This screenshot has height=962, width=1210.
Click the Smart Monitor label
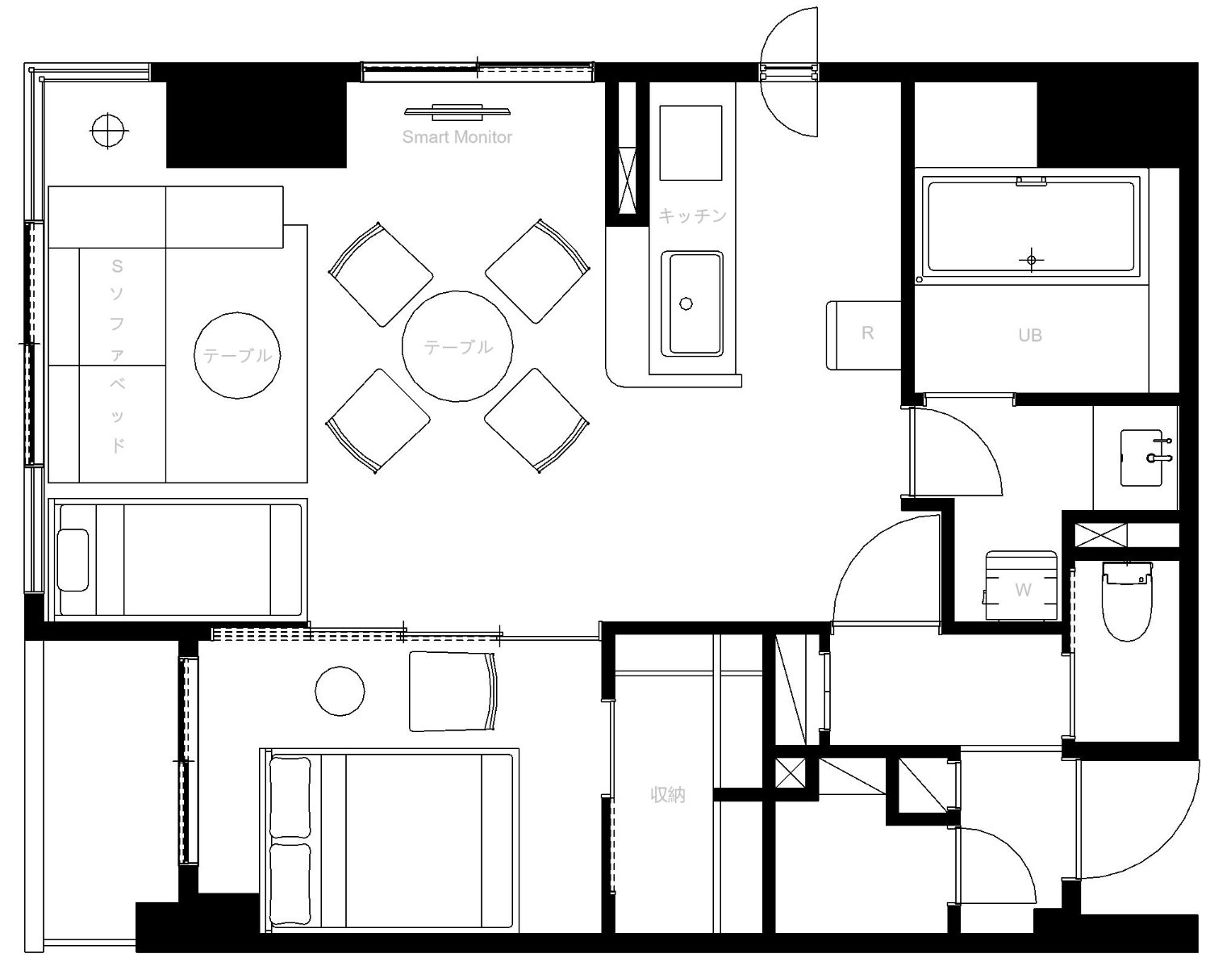457,136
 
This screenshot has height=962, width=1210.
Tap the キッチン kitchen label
693,215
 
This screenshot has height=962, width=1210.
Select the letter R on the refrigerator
867,333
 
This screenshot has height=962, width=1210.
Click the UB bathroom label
1030,335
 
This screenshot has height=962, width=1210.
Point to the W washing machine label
1024,590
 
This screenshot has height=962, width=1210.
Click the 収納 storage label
667,795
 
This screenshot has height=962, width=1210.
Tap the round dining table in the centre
457,346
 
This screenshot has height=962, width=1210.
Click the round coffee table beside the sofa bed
237,356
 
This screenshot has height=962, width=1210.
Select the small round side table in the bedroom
340,691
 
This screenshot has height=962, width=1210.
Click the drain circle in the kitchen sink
686,303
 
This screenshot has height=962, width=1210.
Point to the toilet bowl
1127,600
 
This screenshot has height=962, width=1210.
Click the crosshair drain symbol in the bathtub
1031,260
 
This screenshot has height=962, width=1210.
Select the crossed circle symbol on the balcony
109,131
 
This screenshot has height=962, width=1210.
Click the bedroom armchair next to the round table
453,692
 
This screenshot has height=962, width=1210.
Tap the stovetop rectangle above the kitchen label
691,143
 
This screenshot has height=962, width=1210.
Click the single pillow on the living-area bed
73,560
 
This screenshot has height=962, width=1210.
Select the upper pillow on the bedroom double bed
290,797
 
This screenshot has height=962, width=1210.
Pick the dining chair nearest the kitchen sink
537,271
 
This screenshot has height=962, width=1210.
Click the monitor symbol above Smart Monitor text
457,112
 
